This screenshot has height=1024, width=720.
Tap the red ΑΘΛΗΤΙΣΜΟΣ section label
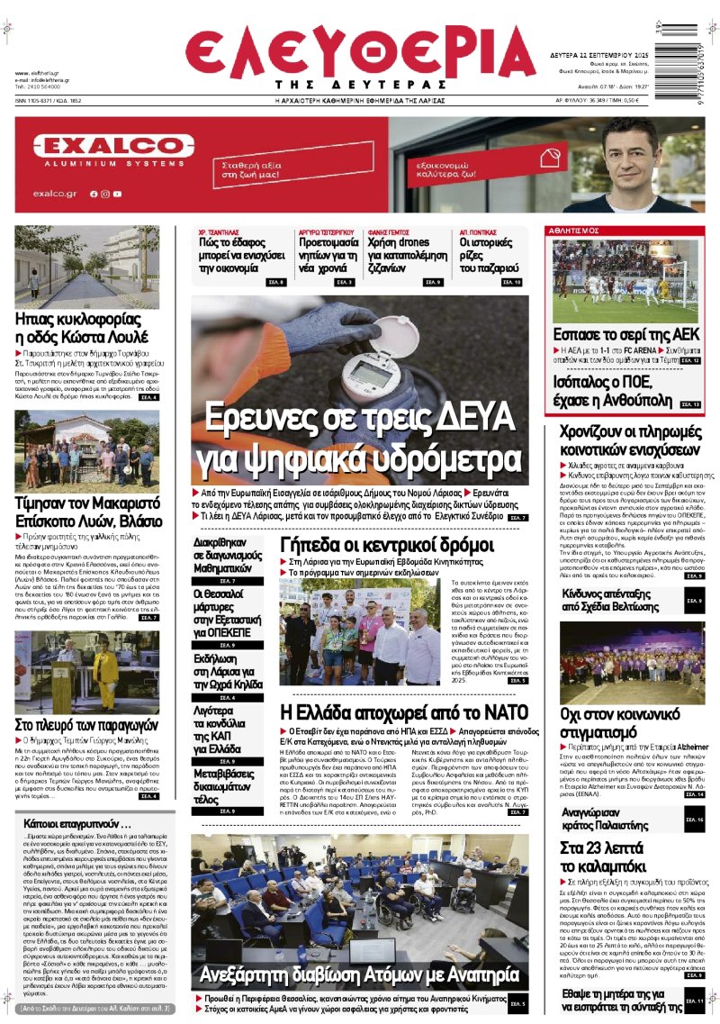(574, 231)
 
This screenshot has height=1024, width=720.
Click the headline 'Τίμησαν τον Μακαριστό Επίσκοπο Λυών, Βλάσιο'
(86, 512)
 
